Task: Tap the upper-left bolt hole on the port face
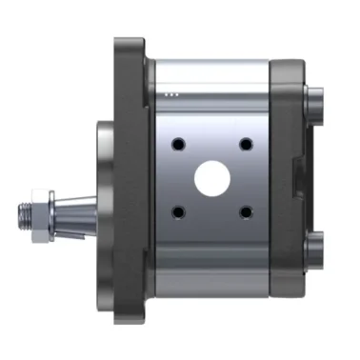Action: [x=176, y=144]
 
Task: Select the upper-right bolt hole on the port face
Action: [x=245, y=144]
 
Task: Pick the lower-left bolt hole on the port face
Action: [x=176, y=211]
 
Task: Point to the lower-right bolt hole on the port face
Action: [x=245, y=211]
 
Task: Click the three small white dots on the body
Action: [x=171, y=94]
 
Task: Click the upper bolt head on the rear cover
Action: [x=314, y=99]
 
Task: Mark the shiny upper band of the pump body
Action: [x=210, y=76]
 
